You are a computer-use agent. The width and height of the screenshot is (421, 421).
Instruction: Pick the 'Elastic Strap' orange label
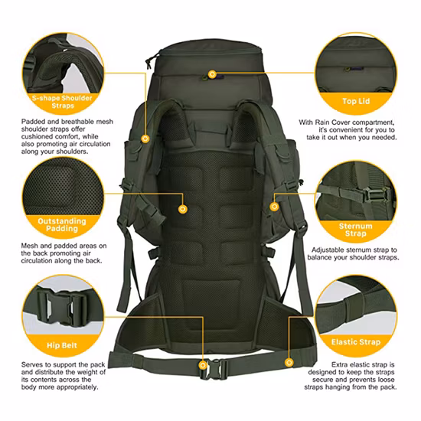click(357, 342)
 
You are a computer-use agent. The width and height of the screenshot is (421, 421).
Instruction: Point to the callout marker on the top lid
click(212, 74)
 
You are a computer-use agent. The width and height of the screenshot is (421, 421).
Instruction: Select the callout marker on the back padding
click(181, 207)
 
